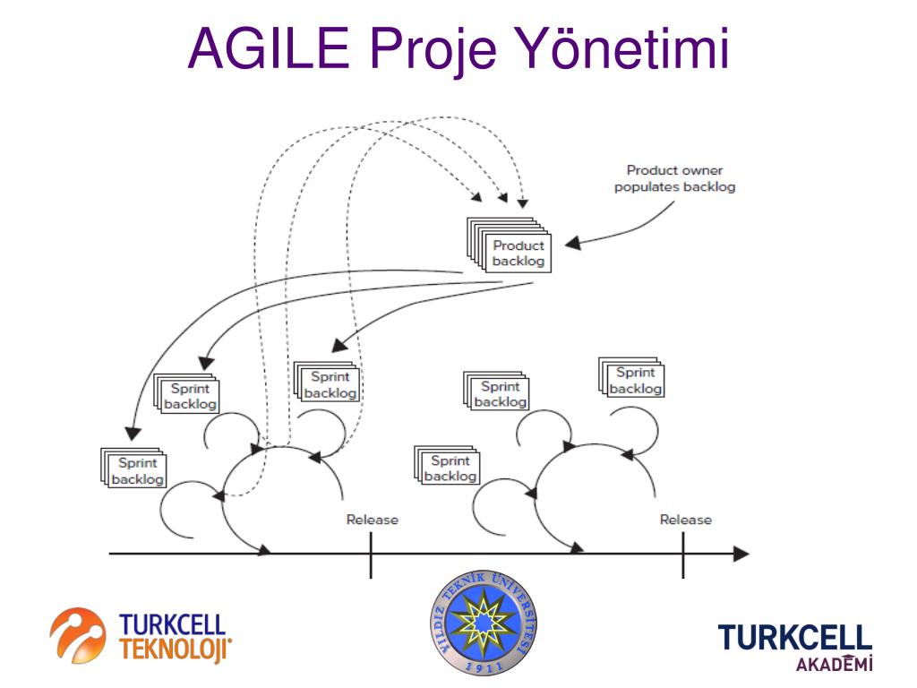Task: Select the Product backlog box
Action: pos(518,253)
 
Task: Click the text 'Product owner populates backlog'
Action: pos(674,178)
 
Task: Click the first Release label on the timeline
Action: pos(372,520)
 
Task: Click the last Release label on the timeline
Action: pos(685,520)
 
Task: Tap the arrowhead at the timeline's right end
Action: pos(741,554)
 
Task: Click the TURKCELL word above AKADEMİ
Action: pos(794,638)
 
